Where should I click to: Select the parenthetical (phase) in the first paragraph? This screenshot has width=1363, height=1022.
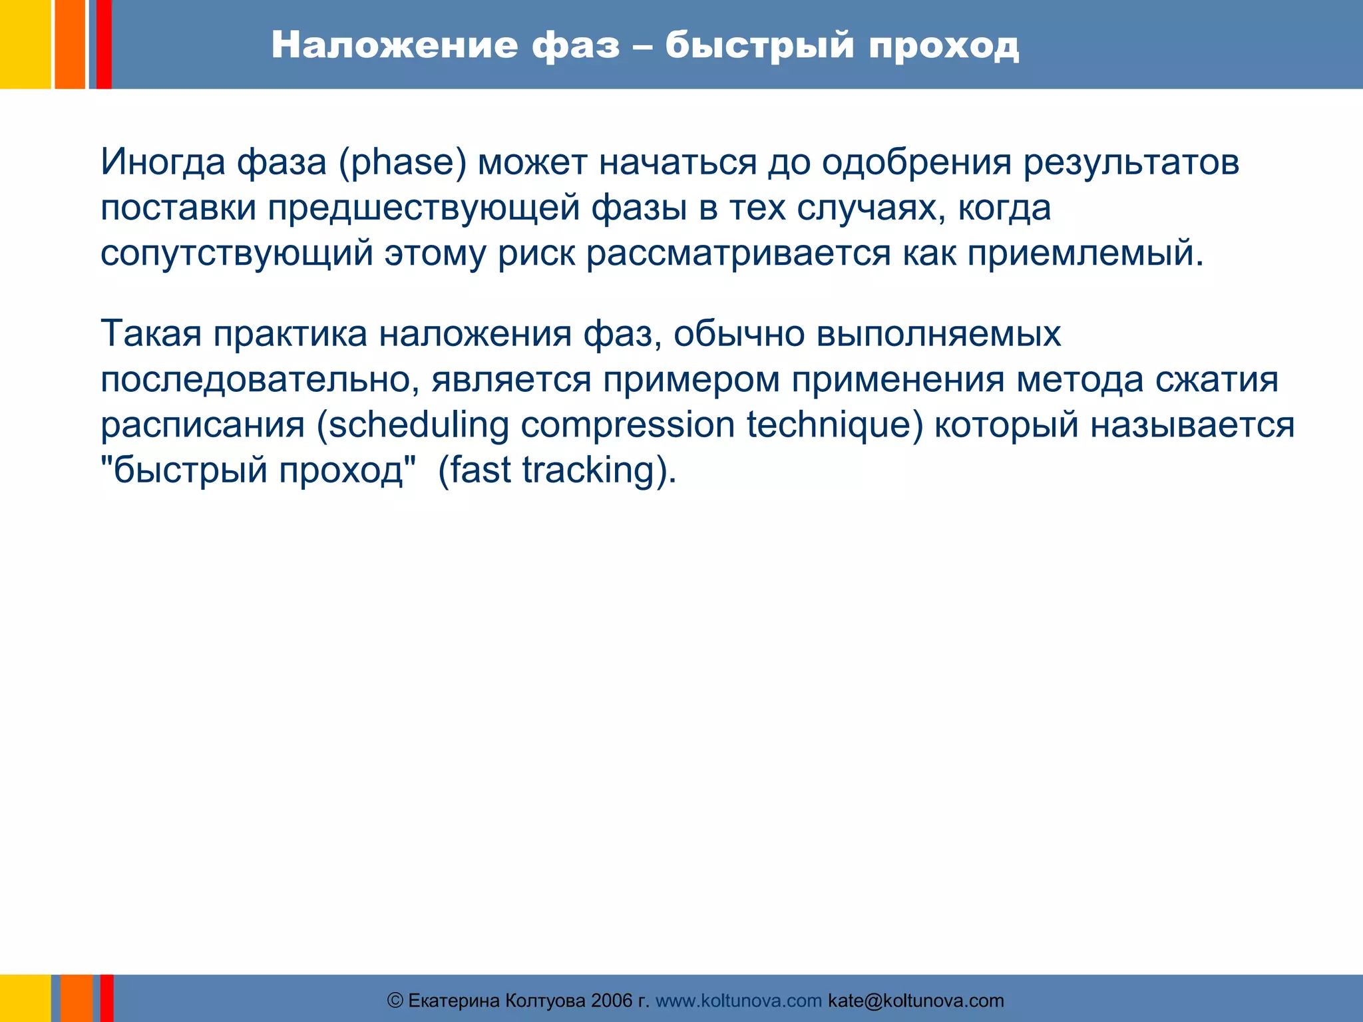click(402, 162)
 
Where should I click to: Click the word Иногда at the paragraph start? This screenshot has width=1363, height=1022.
click(163, 162)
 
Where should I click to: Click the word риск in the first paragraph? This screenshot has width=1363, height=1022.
click(536, 254)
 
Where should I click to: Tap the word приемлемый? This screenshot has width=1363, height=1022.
click(1085, 254)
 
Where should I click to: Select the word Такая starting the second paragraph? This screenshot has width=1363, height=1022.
click(151, 333)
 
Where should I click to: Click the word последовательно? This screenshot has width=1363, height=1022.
click(260, 380)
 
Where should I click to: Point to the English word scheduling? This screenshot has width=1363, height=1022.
click(419, 425)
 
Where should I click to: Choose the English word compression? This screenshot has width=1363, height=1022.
click(627, 425)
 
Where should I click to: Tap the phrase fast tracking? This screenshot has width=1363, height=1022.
click(556, 470)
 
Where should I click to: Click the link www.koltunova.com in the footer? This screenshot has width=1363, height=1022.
click(738, 1001)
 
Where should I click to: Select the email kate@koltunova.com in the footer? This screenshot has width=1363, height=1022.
click(916, 1001)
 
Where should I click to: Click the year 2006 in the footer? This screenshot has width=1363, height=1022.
click(611, 1001)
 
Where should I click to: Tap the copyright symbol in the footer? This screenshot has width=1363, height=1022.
click(395, 1001)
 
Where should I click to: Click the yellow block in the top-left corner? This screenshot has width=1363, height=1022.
click(25, 44)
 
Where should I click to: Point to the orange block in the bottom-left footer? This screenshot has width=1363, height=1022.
click(77, 998)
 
